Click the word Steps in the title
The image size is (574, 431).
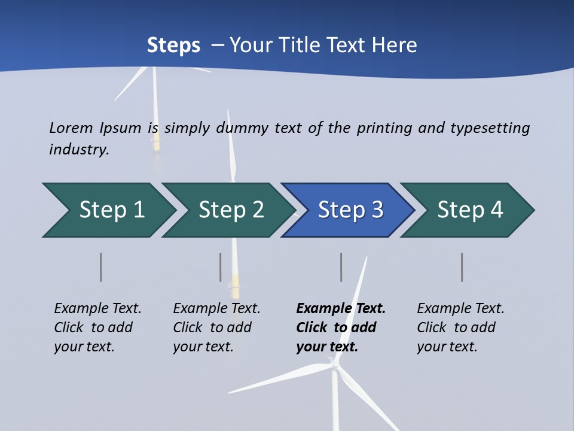click(173, 45)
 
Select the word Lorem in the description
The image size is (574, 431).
click(71, 128)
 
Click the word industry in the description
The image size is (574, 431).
click(79, 149)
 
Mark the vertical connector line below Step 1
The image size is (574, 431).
click(101, 267)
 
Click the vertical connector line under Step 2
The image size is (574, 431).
click(221, 267)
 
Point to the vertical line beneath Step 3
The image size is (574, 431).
click(341, 267)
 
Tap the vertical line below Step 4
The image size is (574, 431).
click(462, 267)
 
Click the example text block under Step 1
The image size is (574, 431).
click(97, 327)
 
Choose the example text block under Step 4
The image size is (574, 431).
click(460, 327)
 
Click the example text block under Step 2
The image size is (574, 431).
click(216, 327)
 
